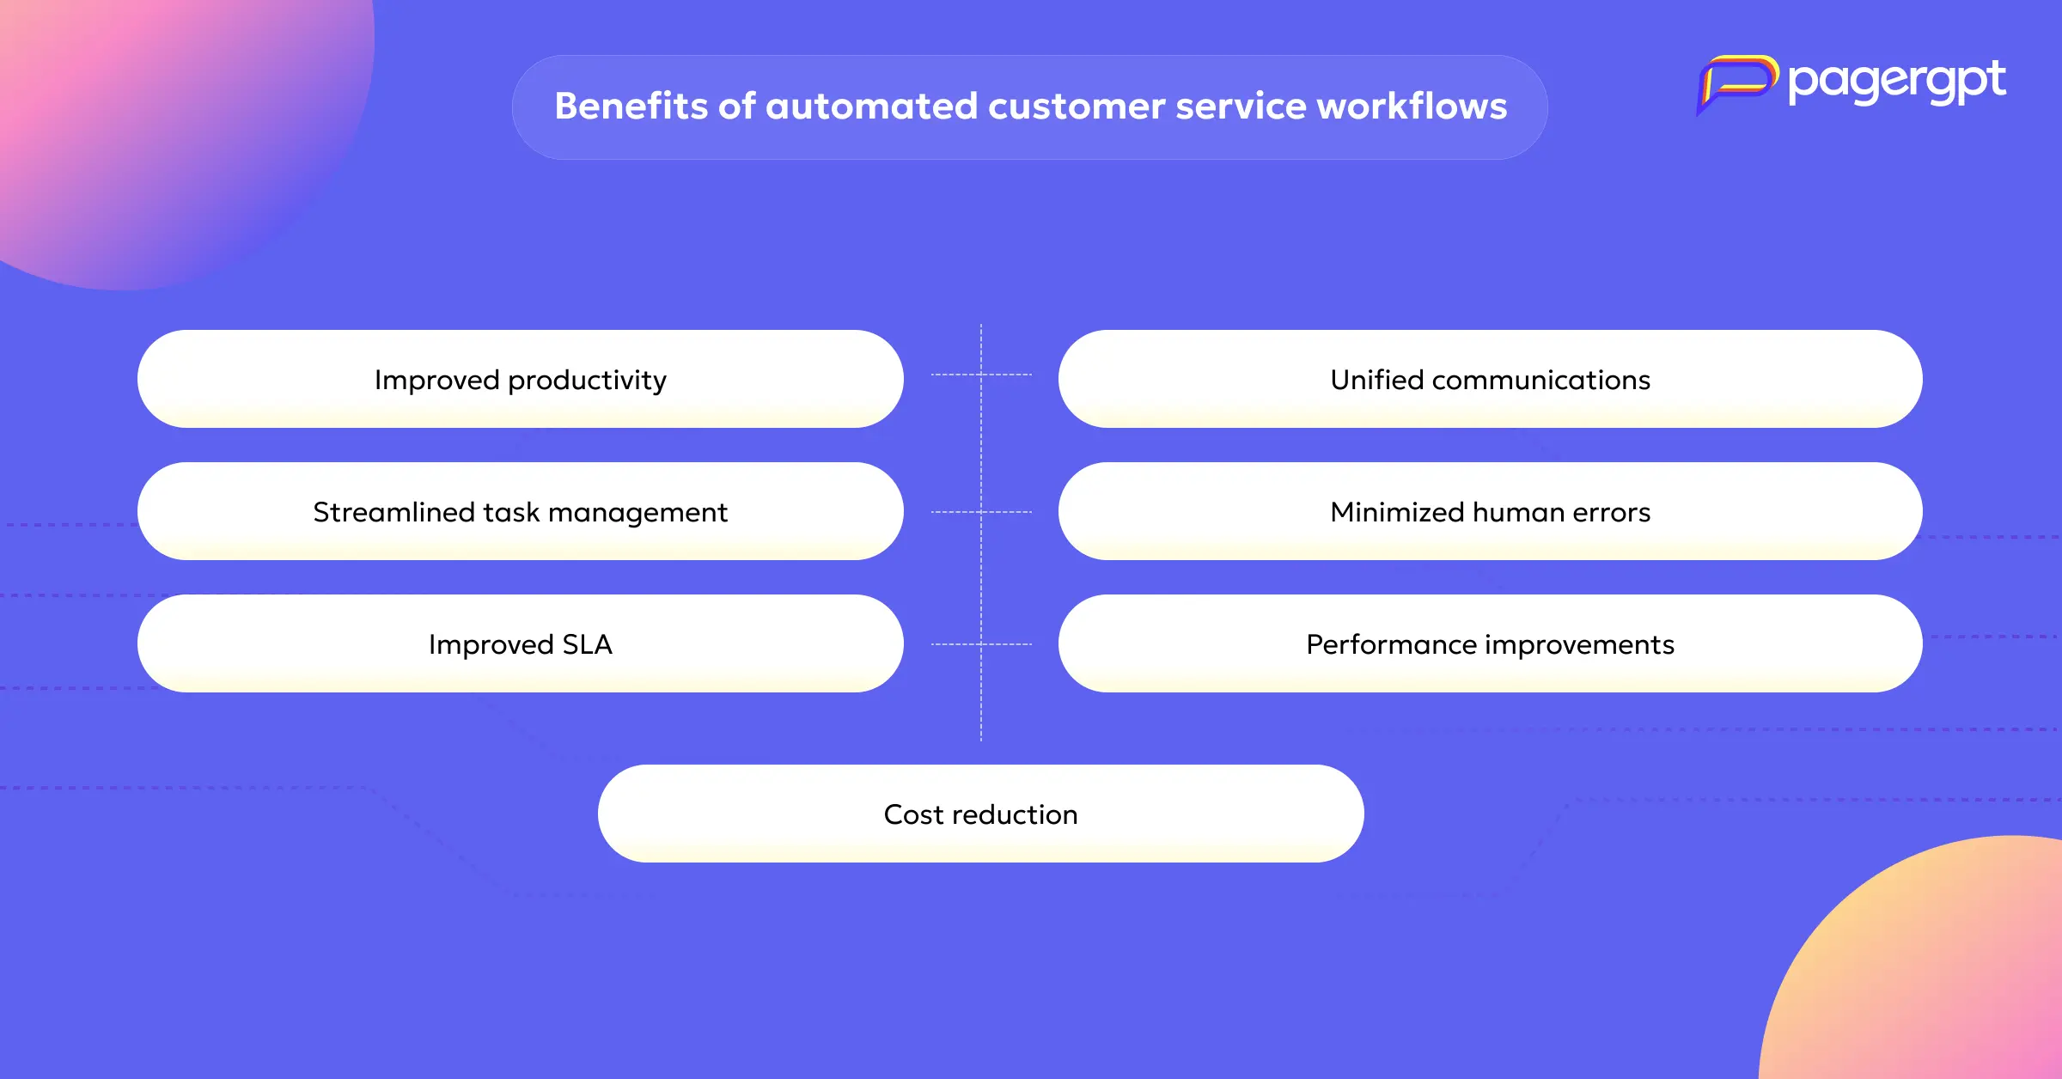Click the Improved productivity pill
tap(520, 379)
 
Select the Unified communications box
tap(1490, 379)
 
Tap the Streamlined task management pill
tap(520, 511)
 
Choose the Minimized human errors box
tap(1490, 511)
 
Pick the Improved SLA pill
tap(520, 643)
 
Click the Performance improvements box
tap(1490, 643)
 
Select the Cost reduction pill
tap(980, 814)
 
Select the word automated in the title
tap(871, 106)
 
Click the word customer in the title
tap(1077, 107)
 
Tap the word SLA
tap(587, 644)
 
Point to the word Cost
tap(914, 814)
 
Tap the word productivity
tap(587, 381)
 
